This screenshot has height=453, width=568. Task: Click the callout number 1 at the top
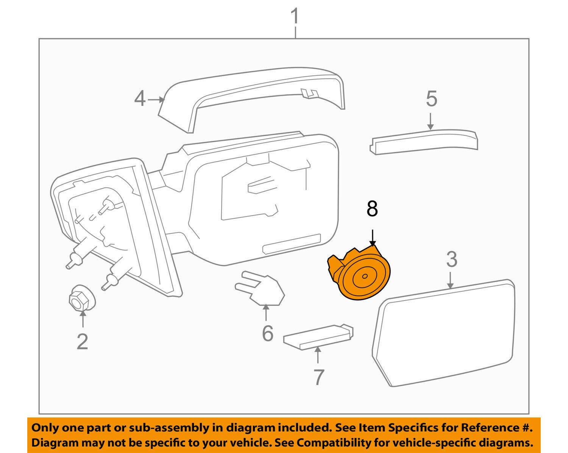point(295,17)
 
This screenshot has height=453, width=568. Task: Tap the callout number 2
point(82,342)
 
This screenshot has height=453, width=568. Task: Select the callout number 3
point(451,260)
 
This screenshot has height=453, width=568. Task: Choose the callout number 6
point(267,333)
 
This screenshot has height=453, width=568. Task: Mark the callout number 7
point(319,377)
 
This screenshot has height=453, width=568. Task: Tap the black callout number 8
point(372,209)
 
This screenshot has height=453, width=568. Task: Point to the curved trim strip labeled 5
point(424,140)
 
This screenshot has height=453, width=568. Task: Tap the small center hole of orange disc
point(364,276)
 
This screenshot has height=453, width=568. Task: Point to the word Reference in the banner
point(489,428)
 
